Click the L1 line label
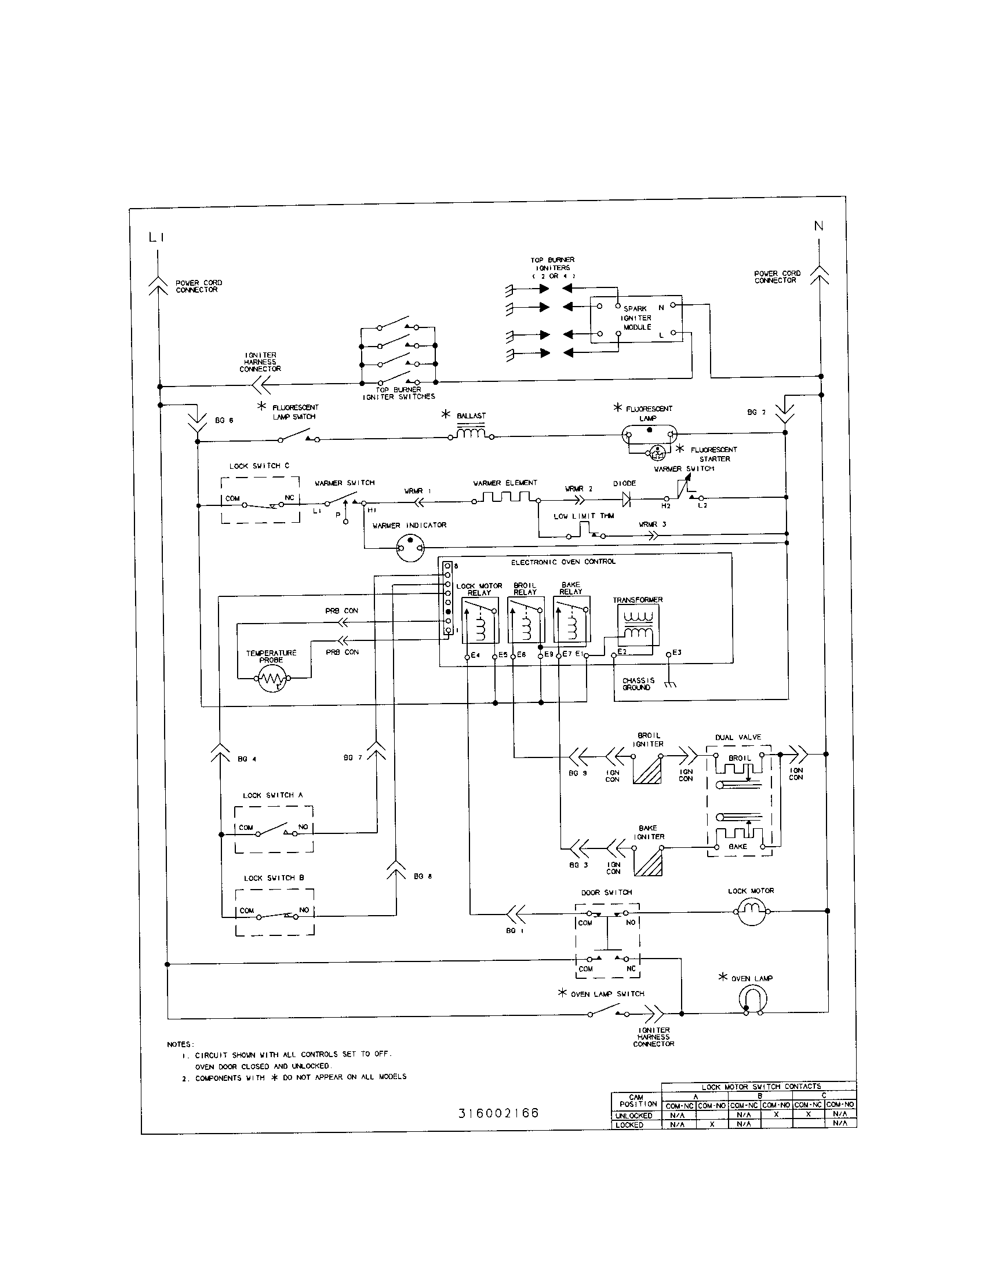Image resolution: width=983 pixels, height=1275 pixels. click(x=156, y=237)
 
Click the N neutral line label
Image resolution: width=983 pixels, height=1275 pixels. click(x=819, y=226)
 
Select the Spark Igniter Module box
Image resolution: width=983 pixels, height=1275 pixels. click(x=636, y=319)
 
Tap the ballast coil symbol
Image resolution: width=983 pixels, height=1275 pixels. click(x=471, y=434)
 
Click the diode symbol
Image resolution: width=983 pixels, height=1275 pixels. click(x=627, y=498)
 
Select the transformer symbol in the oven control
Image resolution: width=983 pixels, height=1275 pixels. click(x=638, y=625)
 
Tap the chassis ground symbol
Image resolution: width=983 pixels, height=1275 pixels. click(x=670, y=684)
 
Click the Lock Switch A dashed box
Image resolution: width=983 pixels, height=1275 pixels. click(x=274, y=829)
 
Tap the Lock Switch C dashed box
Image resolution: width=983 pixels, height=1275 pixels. click(x=260, y=500)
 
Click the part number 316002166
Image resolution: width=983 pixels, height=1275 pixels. click(x=498, y=1113)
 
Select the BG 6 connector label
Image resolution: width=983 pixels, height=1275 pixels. click(x=224, y=420)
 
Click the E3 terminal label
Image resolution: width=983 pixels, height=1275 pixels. click(x=677, y=653)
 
